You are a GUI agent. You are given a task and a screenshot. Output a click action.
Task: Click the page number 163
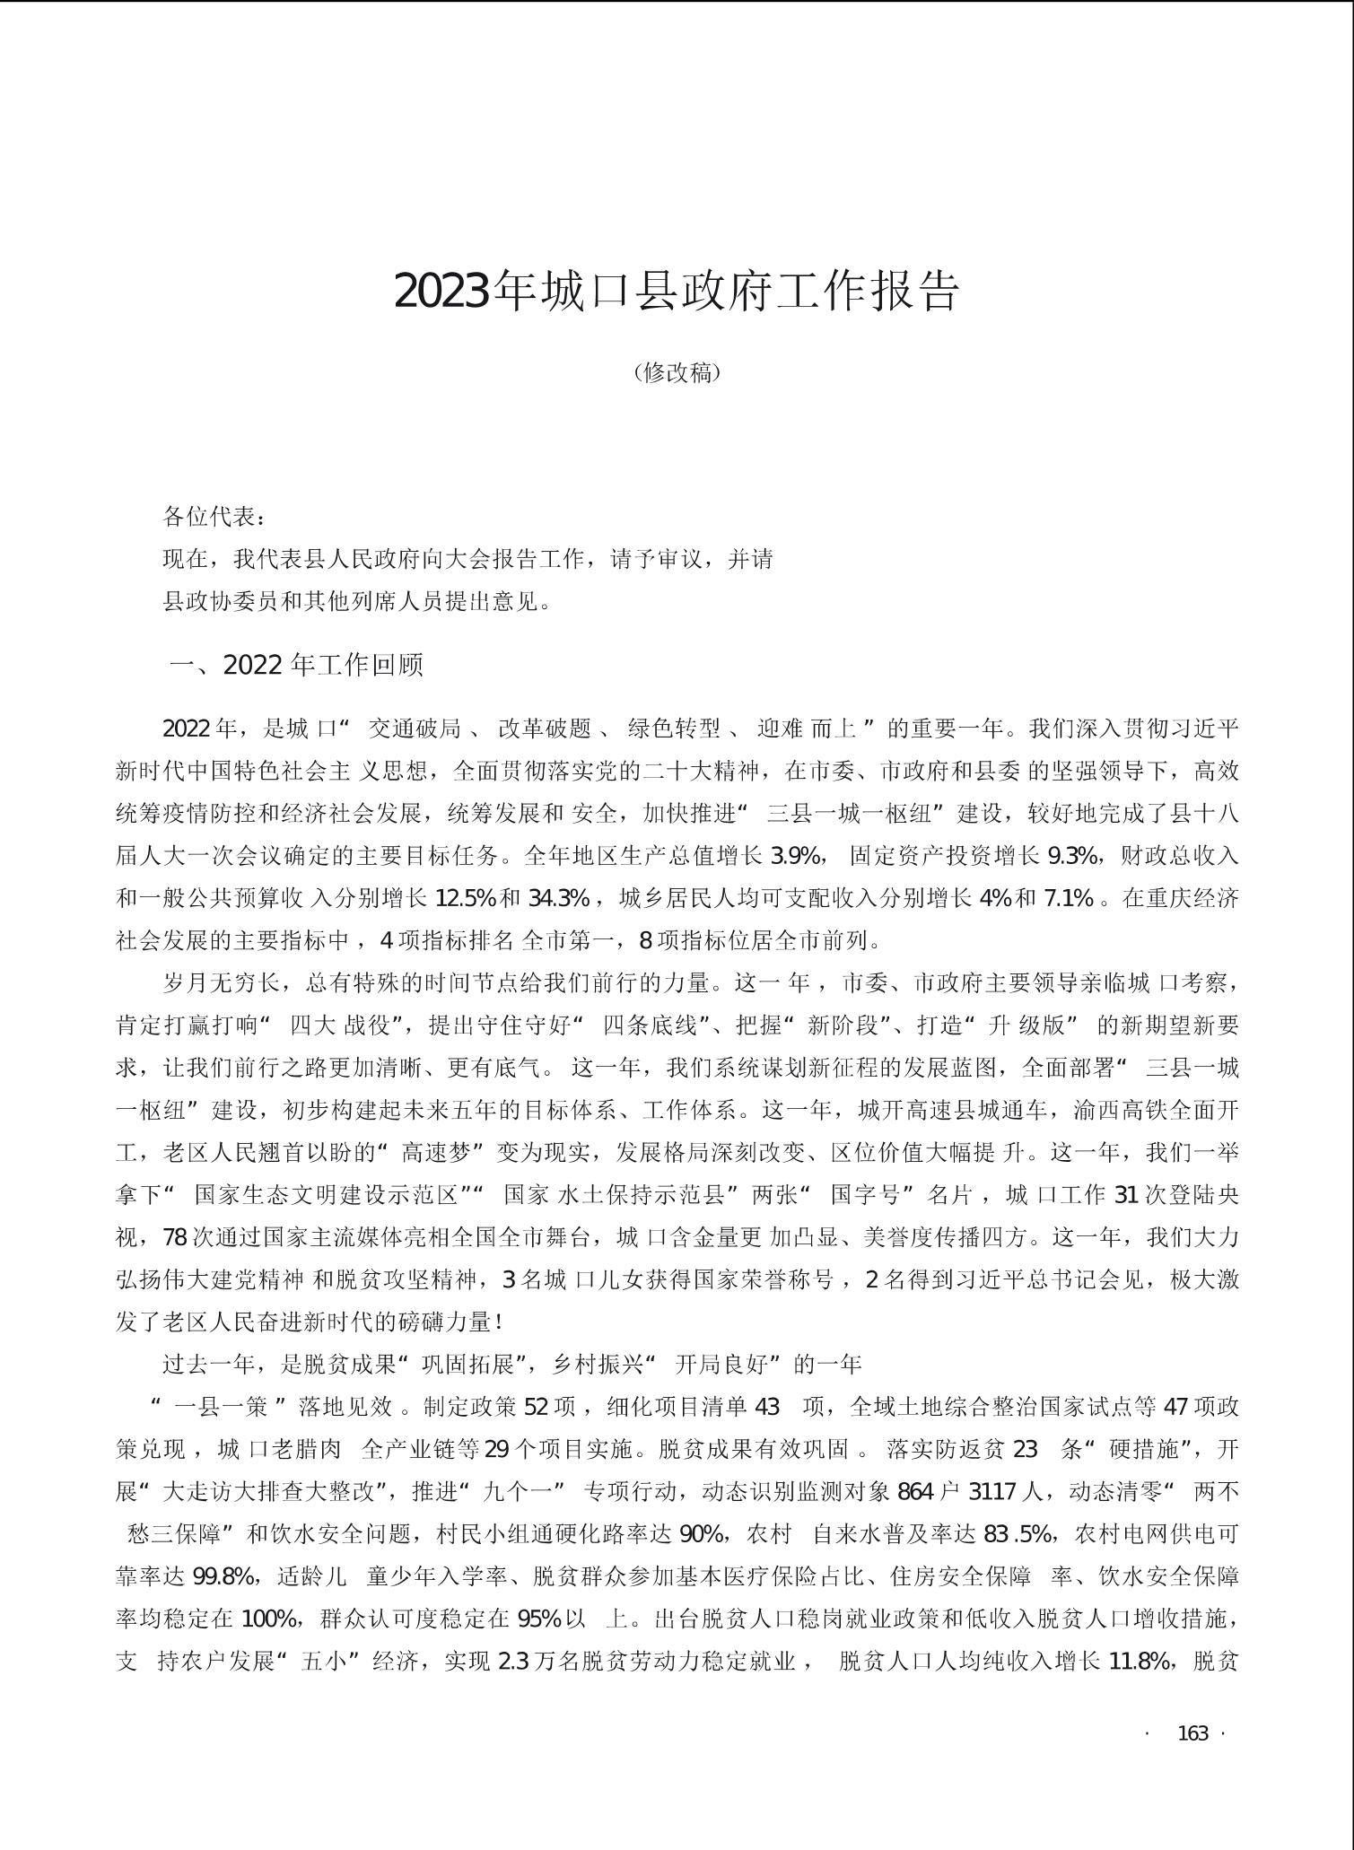(1192, 1733)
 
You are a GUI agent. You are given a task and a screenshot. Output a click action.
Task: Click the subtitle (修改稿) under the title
(677, 372)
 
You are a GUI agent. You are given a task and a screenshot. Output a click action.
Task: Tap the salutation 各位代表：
(214, 517)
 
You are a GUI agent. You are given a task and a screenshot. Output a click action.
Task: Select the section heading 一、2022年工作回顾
(296, 665)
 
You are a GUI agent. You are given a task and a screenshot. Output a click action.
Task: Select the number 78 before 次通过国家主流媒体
(175, 1237)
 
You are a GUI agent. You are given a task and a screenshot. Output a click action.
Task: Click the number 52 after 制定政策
(536, 1406)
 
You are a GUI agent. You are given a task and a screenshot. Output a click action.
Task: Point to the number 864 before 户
(914, 1491)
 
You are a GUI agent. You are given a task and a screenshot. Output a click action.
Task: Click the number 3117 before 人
(993, 1491)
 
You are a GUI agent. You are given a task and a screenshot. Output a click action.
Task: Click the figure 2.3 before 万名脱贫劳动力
(512, 1662)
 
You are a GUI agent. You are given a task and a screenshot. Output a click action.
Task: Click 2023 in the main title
(443, 291)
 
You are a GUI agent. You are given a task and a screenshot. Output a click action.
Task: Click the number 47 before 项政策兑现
(1175, 1406)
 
